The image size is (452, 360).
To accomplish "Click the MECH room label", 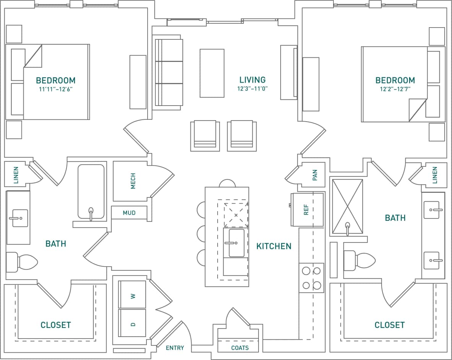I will [x=133, y=181].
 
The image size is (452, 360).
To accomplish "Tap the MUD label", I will [x=129, y=213].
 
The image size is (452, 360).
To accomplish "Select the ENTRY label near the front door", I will [x=175, y=348].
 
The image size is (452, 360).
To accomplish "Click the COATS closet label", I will [x=240, y=348].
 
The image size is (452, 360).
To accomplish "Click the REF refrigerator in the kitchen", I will [x=307, y=210].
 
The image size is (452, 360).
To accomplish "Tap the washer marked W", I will [x=132, y=295].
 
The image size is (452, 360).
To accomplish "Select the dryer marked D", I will [x=132, y=323].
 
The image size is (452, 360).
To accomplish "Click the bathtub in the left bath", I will [x=91, y=192].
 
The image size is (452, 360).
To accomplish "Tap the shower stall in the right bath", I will [x=347, y=206].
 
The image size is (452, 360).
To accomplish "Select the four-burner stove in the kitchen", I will [x=311, y=278].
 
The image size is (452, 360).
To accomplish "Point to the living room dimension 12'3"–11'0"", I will [x=252, y=88].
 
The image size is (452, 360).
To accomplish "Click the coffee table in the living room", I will [x=212, y=73].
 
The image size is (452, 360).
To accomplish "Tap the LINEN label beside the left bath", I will [x=16, y=175].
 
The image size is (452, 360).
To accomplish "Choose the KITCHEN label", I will [x=274, y=246].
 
